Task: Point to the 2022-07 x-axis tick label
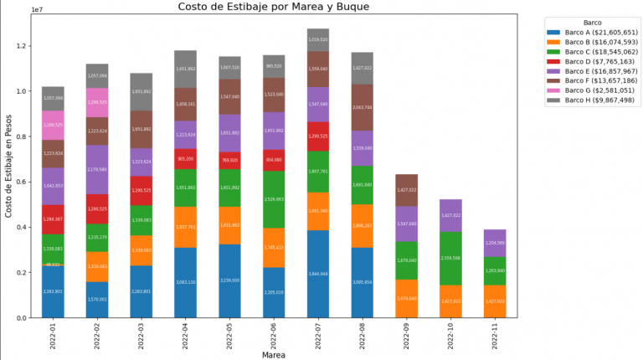click(318, 335)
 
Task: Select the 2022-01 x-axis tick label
click(53, 335)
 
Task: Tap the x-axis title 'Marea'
click(274, 354)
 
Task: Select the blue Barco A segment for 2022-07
click(318, 274)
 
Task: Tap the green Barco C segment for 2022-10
click(451, 259)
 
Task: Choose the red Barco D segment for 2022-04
click(185, 159)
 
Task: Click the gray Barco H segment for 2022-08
click(363, 68)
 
